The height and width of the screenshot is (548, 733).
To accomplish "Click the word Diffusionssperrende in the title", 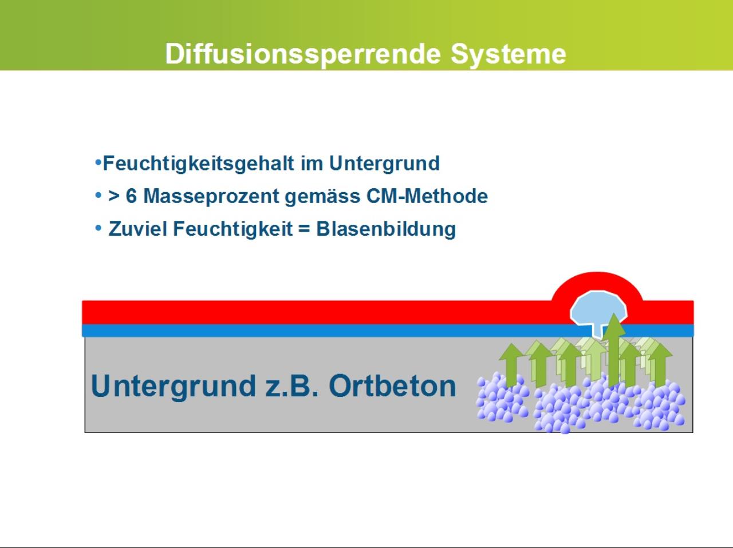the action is [x=303, y=54].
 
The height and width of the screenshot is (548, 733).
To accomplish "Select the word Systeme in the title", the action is [x=509, y=54].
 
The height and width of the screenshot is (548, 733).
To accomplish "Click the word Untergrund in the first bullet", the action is [x=384, y=164].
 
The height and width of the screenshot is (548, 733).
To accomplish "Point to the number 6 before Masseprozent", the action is [x=131, y=196].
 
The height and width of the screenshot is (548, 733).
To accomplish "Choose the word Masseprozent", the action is [x=211, y=196].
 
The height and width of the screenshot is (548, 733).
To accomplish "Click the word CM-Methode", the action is [x=427, y=196].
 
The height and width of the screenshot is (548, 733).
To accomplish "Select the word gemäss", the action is [x=322, y=197].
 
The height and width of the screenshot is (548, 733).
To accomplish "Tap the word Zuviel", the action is [x=138, y=229].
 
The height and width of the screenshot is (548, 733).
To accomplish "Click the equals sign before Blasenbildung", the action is [x=304, y=229].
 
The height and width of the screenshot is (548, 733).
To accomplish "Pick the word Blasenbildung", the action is [x=386, y=229].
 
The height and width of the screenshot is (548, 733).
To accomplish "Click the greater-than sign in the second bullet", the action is [x=114, y=196].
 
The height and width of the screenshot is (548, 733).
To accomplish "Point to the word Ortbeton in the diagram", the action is [x=392, y=386].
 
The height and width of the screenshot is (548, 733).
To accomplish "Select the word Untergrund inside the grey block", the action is [x=174, y=387].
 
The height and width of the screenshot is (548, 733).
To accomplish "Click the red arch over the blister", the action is [x=597, y=279].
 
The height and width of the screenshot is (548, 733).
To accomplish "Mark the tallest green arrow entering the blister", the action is [x=614, y=350].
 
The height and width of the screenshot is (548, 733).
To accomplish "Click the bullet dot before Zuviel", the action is [x=98, y=228].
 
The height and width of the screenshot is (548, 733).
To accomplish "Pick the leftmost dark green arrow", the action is [x=511, y=366].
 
